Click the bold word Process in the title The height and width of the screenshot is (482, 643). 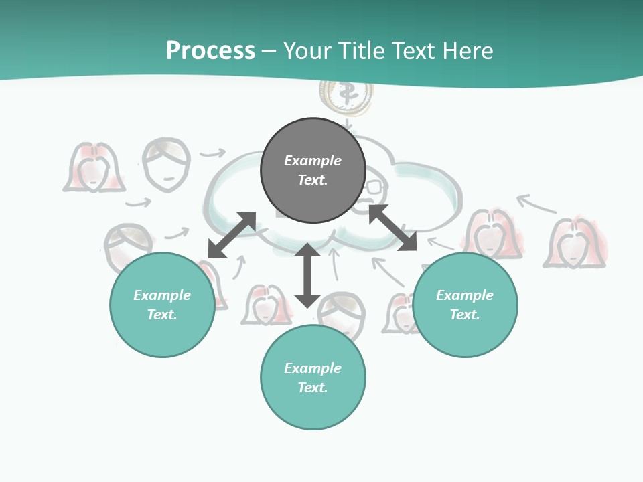210,50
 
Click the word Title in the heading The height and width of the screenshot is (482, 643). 362,50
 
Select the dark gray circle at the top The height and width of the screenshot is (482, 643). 313,171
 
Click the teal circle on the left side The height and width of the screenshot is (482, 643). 162,305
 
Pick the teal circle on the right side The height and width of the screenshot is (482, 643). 465,305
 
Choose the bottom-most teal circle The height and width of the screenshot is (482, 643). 313,378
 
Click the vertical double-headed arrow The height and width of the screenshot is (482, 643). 307,275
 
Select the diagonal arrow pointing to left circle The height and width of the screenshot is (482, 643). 232,235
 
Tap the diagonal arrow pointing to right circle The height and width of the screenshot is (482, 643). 392,228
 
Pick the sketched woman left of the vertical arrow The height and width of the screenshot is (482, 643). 266,305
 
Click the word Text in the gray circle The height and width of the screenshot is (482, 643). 313,180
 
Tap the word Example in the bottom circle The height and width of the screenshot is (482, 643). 313,368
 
